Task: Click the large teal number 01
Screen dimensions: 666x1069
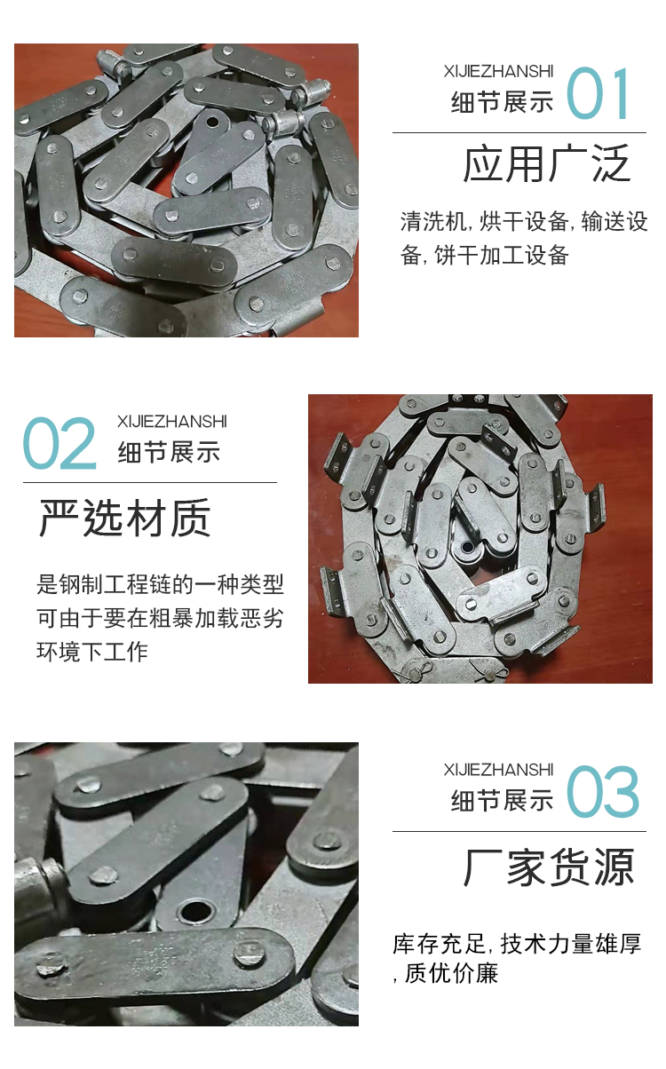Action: pyautogui.click(x=598, y=93)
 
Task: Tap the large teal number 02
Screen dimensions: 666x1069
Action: pyautogui.click(x=59, y=443)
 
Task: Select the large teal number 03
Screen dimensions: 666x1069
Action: pyautogui.click(x=602, y=792)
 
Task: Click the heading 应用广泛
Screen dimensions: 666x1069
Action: pyautogui.click(x=547, y=163)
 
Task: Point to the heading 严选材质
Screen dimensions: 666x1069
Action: pyautogui.click(x=125, y=518)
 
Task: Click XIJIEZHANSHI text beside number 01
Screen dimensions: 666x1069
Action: pyautogui.click(x=498, y=72)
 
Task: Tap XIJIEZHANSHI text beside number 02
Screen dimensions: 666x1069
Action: pyautogui.click(x=172, y=422)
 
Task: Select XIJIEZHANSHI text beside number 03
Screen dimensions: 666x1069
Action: pyautogui.click(x=498, y=770)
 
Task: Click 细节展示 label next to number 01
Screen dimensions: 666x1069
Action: pyautogui.click(x=502, y=101)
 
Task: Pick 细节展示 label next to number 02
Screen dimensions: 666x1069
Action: pyautogui.click(x=169, y=452)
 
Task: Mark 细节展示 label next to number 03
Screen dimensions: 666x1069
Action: pyautogui.click(x=502, y=800)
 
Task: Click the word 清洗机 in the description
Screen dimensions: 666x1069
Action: pyautogui.click(x=433, y=221)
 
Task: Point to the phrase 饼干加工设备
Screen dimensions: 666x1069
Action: pyautogui.click(x=502, y=255)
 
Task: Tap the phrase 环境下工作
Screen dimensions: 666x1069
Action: pyautogui.click(x=92, y=652)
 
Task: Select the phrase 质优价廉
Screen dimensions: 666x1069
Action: pyautogui.click(x=451, y=973)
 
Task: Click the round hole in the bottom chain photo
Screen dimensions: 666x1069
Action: pyautogui.click(x=195, y=912)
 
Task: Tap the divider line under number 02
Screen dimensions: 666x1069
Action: pyautogui.click(x=150, y=482)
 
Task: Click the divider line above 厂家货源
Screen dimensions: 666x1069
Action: pyautogui.click(x=519, y=831)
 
